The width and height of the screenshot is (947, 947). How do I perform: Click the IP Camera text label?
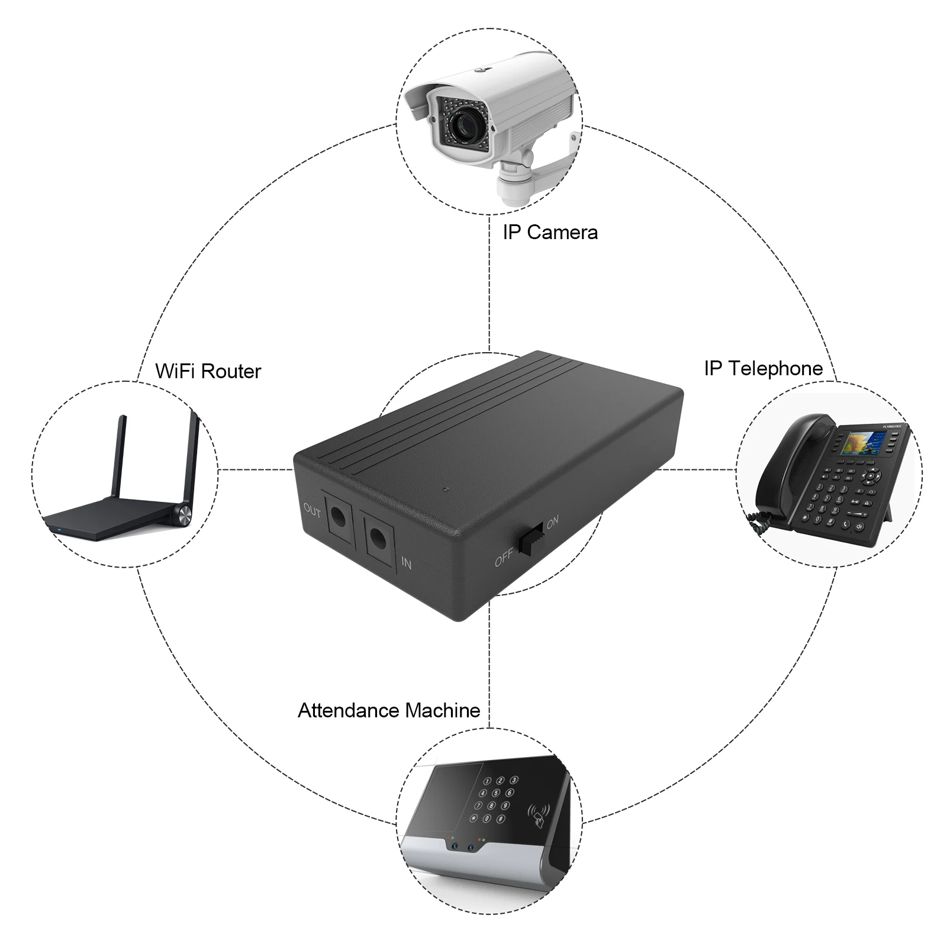coord(550,232)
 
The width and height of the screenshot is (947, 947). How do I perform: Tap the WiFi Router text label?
coord(208,371)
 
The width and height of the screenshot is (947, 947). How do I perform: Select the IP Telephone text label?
coord(763,368)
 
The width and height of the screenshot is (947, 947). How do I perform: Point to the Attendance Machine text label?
coord(388,710)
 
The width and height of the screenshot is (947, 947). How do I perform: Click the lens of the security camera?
coord(464,124)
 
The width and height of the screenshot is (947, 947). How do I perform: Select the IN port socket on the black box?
coord(379,539)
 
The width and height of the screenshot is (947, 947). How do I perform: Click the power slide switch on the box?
coord(532,538)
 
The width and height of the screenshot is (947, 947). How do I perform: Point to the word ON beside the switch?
coord(552,522)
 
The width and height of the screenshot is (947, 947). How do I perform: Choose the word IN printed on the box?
coord(406,562)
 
